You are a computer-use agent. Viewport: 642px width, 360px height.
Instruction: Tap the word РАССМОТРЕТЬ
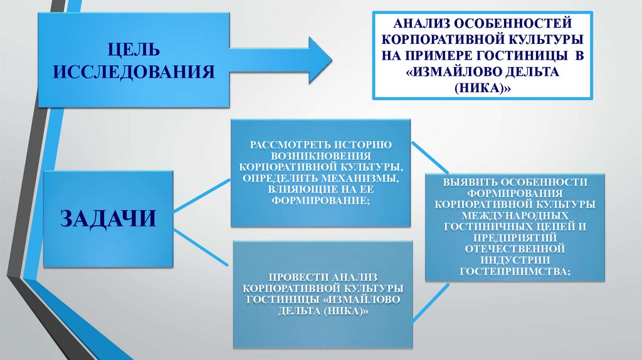click(x=289, y=146)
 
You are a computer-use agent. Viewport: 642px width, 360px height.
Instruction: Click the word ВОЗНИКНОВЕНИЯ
click(x=321, y=157)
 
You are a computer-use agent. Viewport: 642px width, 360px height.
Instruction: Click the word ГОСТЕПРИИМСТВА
click(x=513, y=272)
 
